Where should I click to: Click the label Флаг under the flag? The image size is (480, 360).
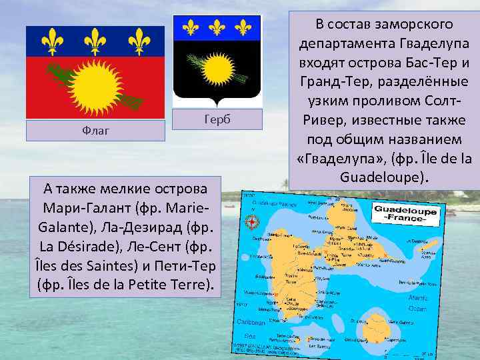(x=95, y=131)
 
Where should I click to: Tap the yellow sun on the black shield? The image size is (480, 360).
(x=216, y=69)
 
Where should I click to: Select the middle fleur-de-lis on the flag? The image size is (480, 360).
(x=95, y=41)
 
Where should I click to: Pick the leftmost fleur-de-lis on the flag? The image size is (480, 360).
(x=52, y=41)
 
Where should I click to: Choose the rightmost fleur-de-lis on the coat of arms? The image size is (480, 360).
(x=243, y=27)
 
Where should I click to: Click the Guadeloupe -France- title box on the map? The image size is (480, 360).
(x=405, y=215)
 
